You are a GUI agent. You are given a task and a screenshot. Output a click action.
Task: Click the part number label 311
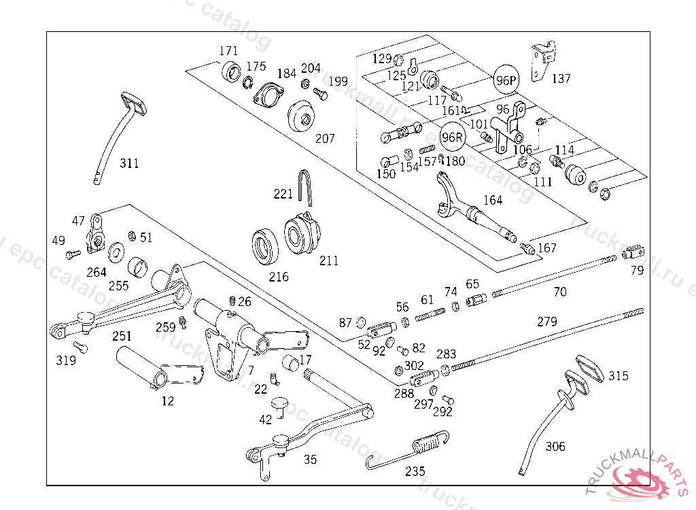point(129,163)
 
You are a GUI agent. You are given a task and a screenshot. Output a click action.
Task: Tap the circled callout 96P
point(506,80)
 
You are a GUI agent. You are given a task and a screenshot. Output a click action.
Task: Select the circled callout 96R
point(452,136)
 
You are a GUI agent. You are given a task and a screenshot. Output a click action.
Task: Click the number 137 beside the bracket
point(561,79)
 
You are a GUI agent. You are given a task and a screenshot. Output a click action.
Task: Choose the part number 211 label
point(328,260)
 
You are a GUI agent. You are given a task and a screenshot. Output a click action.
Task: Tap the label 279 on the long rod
point(547,322)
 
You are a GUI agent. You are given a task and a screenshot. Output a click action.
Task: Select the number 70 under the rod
point(559,292)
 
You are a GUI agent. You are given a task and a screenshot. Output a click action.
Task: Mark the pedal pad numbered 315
point(592,368)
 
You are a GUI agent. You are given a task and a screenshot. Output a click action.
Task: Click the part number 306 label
point(555,447)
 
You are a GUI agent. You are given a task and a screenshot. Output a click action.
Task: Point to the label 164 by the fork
point(493,200)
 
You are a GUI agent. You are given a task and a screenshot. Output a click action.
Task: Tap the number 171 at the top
point(228,52)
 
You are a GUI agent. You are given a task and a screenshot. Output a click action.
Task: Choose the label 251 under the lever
point(122,336)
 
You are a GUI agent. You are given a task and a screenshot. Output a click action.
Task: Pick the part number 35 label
point(310,460)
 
